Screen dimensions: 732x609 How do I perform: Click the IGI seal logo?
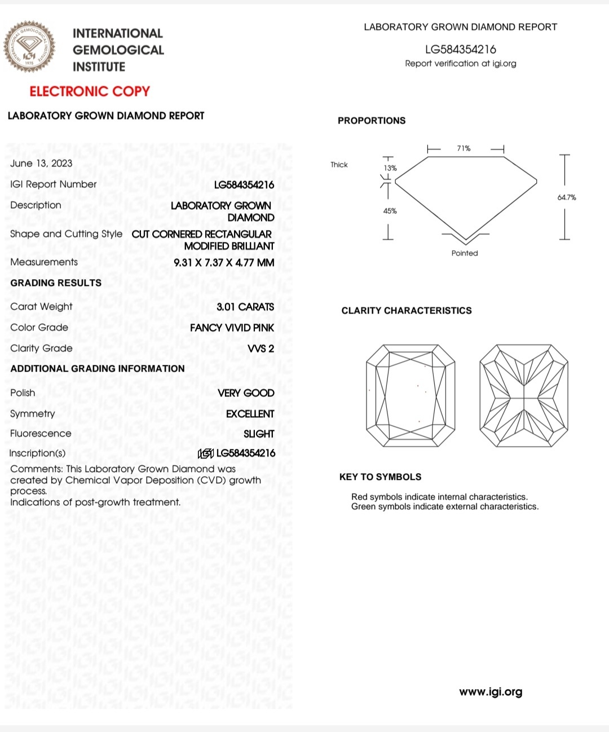[x=30, y=47]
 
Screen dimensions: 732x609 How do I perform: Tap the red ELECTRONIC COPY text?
[x=90, y=91]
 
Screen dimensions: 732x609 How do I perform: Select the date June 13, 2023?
[x=41, y=164]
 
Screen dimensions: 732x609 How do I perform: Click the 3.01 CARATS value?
[x=245, y=307]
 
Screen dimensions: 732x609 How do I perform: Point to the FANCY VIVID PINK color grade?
[x=232, y=328]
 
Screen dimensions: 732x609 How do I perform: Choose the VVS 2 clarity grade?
[x=261, y=349]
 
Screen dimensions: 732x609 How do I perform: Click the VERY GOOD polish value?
[x=246, y=393]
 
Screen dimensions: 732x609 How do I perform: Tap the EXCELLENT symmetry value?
[x=250, y=414]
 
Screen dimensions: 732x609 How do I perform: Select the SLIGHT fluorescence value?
[x=259, y=434]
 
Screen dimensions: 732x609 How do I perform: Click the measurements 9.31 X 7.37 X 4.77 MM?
[x=224, y=263]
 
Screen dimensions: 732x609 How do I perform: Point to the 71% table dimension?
[x=464, y=148]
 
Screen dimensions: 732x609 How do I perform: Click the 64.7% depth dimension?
[x=567, y=197]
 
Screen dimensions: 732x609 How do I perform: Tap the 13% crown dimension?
[x=390, y=168]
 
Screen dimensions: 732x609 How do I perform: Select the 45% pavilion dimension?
[x=390, y=211]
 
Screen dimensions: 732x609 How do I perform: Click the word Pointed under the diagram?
[x=465, y=253]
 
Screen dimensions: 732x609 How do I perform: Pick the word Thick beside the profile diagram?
[x=339, y=165]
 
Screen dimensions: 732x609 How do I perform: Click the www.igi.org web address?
[x=491, y=692]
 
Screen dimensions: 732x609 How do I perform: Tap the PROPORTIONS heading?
[x=372, y=121]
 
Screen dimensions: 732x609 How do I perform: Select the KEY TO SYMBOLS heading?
[x=380, y=477]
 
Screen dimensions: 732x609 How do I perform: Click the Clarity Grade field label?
[x=41, y=349]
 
